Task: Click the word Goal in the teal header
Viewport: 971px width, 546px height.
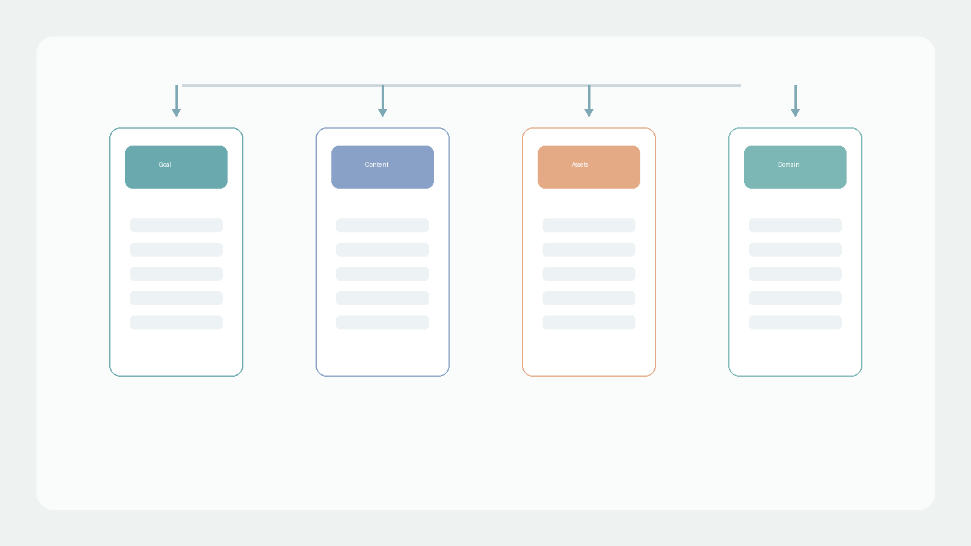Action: (x=164, y=164)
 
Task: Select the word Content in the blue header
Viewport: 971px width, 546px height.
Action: (x=376, y=164)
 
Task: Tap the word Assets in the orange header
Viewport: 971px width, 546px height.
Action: (x=580, y=164)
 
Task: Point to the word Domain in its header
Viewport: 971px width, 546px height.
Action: (x=788, y=164)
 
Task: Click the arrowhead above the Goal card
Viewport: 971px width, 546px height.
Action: (x=177, y=113)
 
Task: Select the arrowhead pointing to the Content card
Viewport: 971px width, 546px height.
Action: (x=383, y=113)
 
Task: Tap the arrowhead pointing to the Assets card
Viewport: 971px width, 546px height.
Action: (x=589, y=113)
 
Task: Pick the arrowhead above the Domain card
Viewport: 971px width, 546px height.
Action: (x=796, y=113)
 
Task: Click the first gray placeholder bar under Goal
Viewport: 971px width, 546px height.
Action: (x=177, y=225)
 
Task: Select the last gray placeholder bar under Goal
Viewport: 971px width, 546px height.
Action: (x=177, y=322)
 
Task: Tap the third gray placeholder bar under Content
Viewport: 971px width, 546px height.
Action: (x=383, y=274)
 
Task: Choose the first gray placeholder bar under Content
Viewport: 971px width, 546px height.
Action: (x=383, y=225)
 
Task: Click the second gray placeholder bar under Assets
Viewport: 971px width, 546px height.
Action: (x=589, y=249)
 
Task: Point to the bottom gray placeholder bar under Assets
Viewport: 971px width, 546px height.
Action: (x=589, y=322)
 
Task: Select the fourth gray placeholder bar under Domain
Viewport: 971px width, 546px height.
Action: (x=796, y=298)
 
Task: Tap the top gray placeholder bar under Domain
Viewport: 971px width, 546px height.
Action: (x=796, y=225)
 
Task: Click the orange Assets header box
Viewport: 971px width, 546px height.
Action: (x=589, y=167)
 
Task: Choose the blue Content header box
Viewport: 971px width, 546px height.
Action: (x=383, y=167)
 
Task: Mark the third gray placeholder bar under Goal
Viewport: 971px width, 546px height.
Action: (x=177, y=274)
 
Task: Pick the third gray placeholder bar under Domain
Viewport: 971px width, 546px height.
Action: (x=796, y=274)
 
